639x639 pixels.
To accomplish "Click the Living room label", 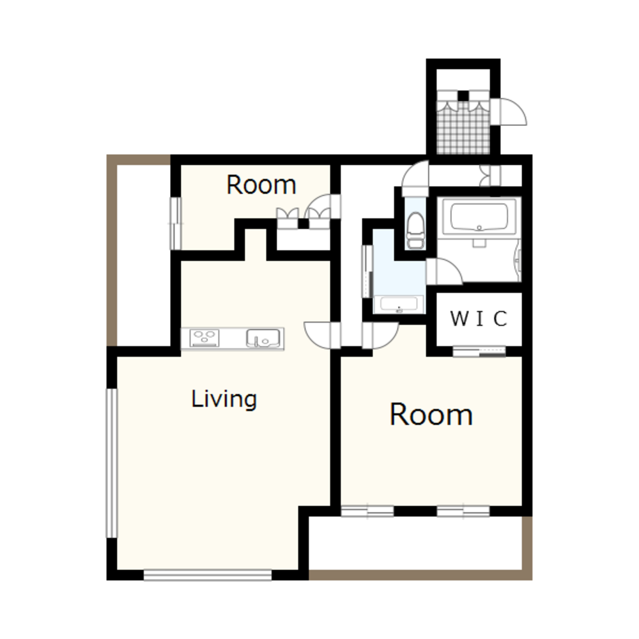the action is click(x=224, y=399).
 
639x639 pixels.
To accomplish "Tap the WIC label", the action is click(x=479, y=318).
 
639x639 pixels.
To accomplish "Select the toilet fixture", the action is click(x=415, y=229).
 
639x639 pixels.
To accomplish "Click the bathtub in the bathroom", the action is click(x=479, y=217).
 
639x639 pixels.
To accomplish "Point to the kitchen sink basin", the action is click(x=263, y=338).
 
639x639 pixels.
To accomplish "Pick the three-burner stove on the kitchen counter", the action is click(x=204, y=338).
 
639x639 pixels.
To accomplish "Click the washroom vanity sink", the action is click(x=399, y=304).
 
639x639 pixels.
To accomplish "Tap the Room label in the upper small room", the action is click(x=261, y=185).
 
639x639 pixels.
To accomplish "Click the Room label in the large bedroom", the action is click(x=431, y=415).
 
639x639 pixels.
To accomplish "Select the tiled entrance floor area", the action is click(x=463, y=127).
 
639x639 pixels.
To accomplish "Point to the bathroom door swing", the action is click(x=445, y=272).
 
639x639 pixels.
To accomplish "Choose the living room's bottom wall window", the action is click(x=208, y=574).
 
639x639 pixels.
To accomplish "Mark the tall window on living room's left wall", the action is click(x=112, y=463).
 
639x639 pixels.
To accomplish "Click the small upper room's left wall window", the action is click(x=176, y=223).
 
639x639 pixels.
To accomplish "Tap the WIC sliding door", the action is click(x=479, y=351).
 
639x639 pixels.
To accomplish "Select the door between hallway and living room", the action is click(x=322, y=335).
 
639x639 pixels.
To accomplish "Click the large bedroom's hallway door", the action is click(x=380, y=335).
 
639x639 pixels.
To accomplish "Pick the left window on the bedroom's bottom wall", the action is click(x=367, y=511).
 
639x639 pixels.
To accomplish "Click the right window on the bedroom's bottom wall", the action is click(x=463, y=511).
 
